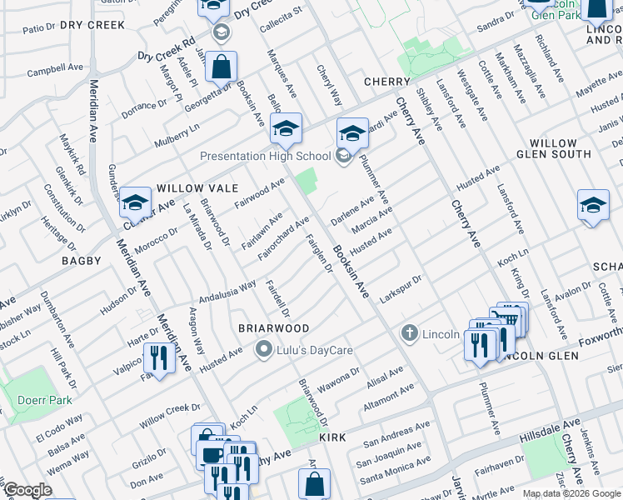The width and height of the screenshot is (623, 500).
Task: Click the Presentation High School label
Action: [x=265, y=156]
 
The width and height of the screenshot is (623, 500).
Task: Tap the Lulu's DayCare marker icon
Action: [x=265, y=349]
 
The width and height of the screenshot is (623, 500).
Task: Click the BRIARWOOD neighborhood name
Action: [x=274, y=328]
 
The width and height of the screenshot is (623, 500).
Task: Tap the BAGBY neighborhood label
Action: [x=81, y=261]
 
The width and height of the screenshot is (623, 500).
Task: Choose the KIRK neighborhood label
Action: [x=331, y=437]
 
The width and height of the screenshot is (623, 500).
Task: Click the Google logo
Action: [x=27, y=491]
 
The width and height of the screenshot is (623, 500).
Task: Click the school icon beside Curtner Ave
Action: [x=135, y=202]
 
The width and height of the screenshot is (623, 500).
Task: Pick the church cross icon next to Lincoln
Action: [x=409, y=334]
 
